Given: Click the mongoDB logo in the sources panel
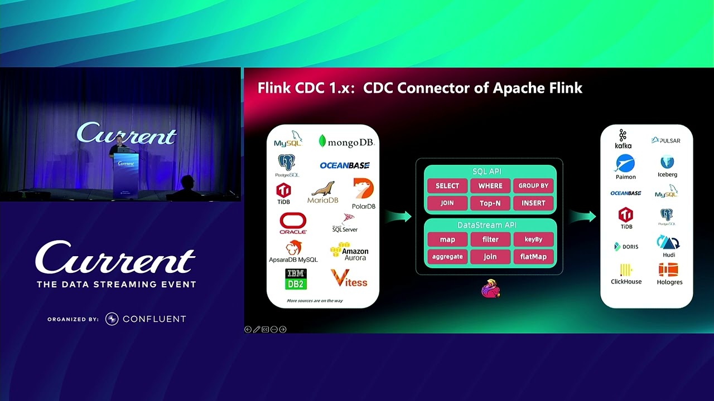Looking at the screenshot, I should click(346, 142).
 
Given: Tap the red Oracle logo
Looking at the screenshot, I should click(293, 223).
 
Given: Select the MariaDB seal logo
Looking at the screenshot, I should click(323, 192).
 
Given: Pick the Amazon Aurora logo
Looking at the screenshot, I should click(350, 252).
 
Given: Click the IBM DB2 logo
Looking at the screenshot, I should click(296, 279).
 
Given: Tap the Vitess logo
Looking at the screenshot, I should click(349, 278).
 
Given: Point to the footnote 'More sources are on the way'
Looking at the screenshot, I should click(315, 301).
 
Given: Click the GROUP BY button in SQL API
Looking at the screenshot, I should click(533, 185).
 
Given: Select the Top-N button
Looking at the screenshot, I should click(490, 203).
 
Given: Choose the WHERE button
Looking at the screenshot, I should click(490, 185).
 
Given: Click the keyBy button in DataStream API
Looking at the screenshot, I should click(533, 239).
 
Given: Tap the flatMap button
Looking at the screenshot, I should click(533, 257).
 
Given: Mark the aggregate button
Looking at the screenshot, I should click(447, 257).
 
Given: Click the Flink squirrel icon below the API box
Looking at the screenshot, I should click(491, 288).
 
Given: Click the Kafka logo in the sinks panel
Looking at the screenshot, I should click(623, 139).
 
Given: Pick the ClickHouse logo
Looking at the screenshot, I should click(626, 274).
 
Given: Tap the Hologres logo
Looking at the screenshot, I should click(669, 274).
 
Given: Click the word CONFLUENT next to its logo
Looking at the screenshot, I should click(154, 319).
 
